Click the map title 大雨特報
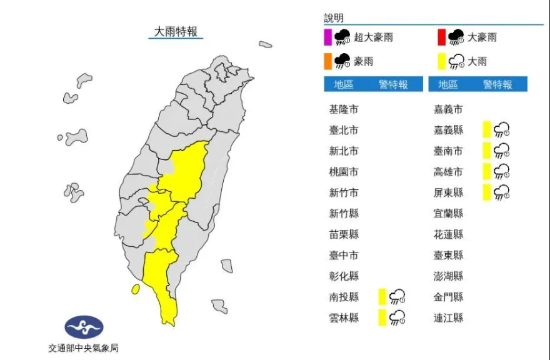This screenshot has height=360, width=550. (176, 31)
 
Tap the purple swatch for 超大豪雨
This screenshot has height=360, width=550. (327, 37)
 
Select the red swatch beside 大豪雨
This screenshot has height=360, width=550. (441, 37)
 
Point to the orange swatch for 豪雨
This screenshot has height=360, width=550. (327, 61)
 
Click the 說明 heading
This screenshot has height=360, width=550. (333, 18)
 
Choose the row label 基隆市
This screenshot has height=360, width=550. (344, 109)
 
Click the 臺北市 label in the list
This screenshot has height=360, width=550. (344, 131)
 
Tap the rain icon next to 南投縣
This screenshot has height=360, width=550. (397, 297)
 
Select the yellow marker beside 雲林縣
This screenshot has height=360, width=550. (381, 317)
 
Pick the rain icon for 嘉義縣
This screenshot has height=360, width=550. (501, 130)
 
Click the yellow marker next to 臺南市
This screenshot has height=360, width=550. (486, 151)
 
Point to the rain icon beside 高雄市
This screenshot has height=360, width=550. (501, 171)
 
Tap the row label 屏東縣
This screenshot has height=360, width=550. (449, 192)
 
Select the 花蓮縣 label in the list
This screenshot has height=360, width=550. (449, 234)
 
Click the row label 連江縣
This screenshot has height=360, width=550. (449, 317)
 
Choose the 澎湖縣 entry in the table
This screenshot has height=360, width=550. (449, 276)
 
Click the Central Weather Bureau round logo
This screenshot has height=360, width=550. (84, 327)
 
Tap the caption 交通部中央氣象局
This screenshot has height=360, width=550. (83, 348)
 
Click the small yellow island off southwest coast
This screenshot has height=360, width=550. (135, 289)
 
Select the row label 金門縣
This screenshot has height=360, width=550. (449, 297)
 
